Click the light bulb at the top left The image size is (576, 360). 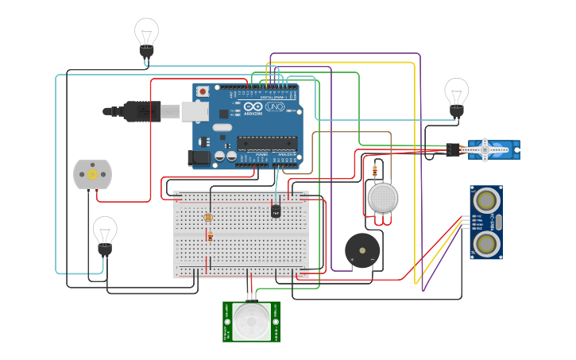(x=146, y=33)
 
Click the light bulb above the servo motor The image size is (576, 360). (x=456, y=93)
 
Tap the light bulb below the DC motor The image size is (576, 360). (x=105, y=232)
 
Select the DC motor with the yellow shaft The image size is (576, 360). (x=92, y=174)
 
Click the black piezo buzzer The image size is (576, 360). (x=362, y=250)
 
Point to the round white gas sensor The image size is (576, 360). (x=382, y=197)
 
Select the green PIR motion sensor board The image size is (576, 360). (x=251, y=321)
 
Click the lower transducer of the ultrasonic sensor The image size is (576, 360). (x=485, y=243)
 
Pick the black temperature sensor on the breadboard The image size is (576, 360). (x=276, y=211)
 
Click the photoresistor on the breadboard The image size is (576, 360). (x=208, y=216)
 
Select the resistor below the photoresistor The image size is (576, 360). (x=210, y=236)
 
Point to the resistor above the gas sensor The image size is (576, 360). (x=374, y=168)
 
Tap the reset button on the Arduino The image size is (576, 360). (x=203, y=91)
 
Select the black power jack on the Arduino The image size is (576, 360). (x=201, y=159)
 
